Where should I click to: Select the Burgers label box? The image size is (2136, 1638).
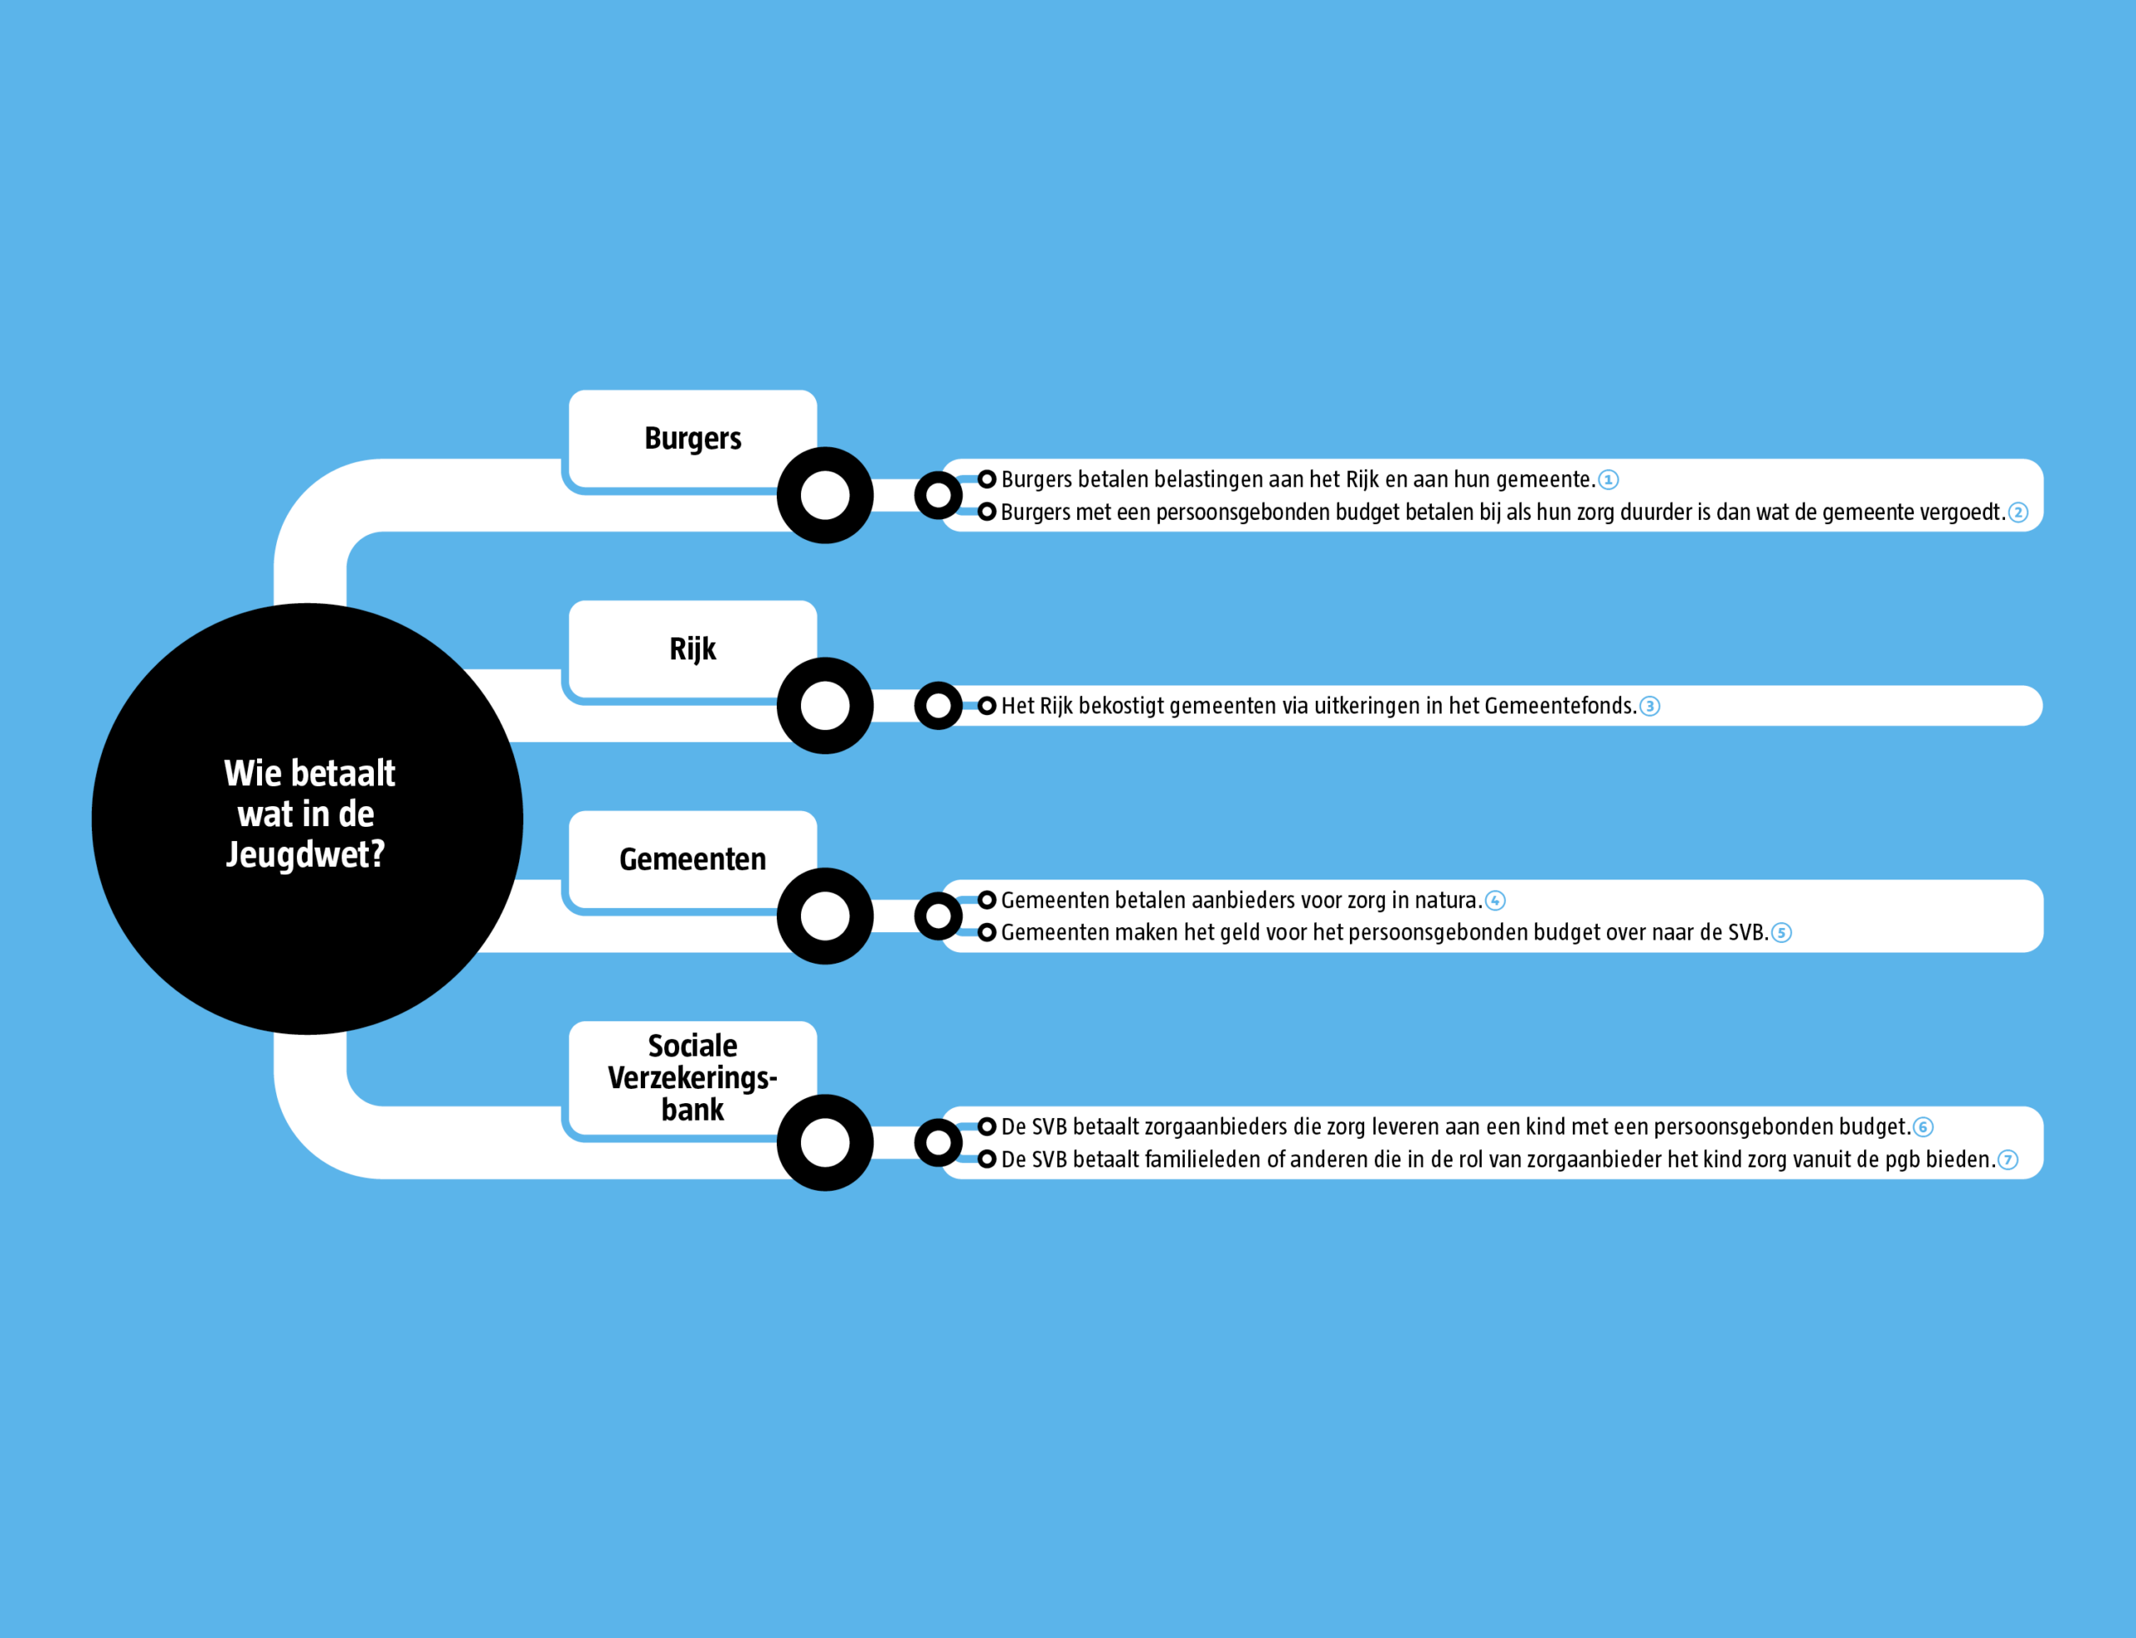point(693,438)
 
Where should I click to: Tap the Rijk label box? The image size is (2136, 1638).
point(693,648)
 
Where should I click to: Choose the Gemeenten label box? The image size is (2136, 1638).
point(693,859)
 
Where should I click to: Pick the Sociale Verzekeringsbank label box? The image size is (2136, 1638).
point(693,1076)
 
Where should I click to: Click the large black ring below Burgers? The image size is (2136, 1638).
point(824,496)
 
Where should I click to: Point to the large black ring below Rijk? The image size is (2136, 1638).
point(824,706)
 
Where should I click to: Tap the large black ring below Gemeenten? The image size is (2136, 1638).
point(824,916)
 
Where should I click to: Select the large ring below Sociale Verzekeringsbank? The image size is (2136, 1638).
point(824,1142)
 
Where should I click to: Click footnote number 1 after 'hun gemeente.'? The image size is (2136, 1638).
point(1609,480)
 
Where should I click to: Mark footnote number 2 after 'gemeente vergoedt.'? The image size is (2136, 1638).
point(2018,513)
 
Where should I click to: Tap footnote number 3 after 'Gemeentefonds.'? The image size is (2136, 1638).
point(1650,706)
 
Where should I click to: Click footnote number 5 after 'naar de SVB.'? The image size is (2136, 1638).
point(1781,933)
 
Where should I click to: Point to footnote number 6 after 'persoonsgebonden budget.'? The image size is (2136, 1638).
point(1923,1127)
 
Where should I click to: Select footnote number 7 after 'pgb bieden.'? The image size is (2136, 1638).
point(2008,1160)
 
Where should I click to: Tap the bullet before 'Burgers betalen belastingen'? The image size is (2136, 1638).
point(986,480)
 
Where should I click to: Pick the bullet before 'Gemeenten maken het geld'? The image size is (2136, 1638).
point(986,933)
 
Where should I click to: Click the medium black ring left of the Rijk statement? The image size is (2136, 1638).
point(938,706)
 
